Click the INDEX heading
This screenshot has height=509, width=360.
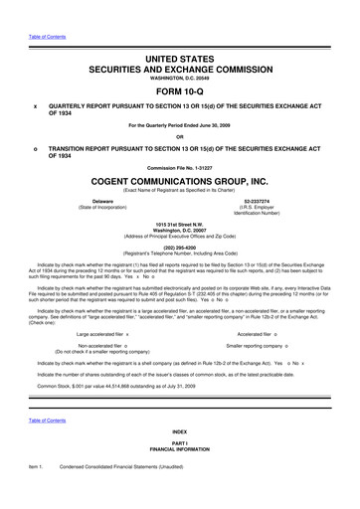point(180,459)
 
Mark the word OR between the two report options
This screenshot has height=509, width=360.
point(180,135)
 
